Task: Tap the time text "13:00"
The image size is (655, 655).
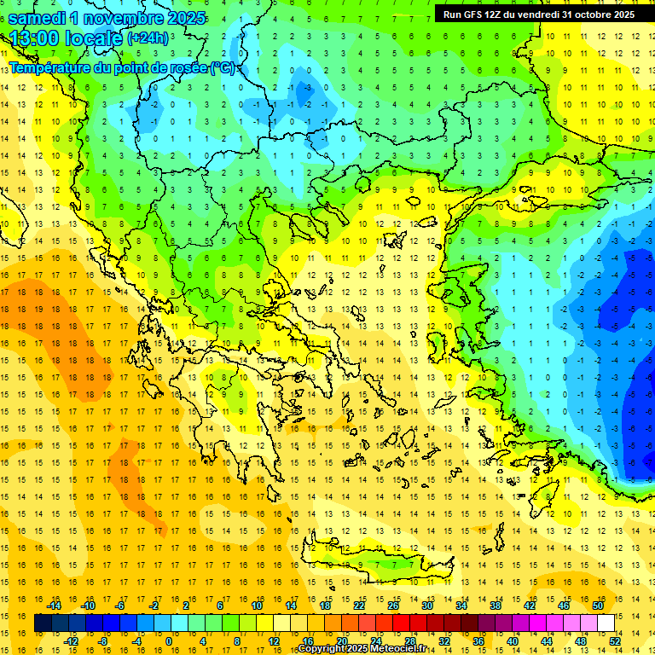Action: click(34, 38)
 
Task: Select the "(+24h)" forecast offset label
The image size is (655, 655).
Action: click(148, 38)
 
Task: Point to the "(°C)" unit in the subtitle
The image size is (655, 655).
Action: click(223, 67)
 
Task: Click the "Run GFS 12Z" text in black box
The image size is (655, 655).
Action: click(476, 14)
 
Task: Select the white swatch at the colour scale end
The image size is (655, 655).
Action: click(606, 623)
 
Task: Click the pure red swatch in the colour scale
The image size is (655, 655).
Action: click(401, 623)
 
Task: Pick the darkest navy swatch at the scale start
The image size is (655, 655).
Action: click(43, 623)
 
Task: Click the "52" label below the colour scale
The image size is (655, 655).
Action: click(615, 641)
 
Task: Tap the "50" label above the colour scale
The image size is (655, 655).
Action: click(598, 606)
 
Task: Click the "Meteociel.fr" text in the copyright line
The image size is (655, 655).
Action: click(398, 649)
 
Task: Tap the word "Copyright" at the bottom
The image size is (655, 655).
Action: click(322, 649)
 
